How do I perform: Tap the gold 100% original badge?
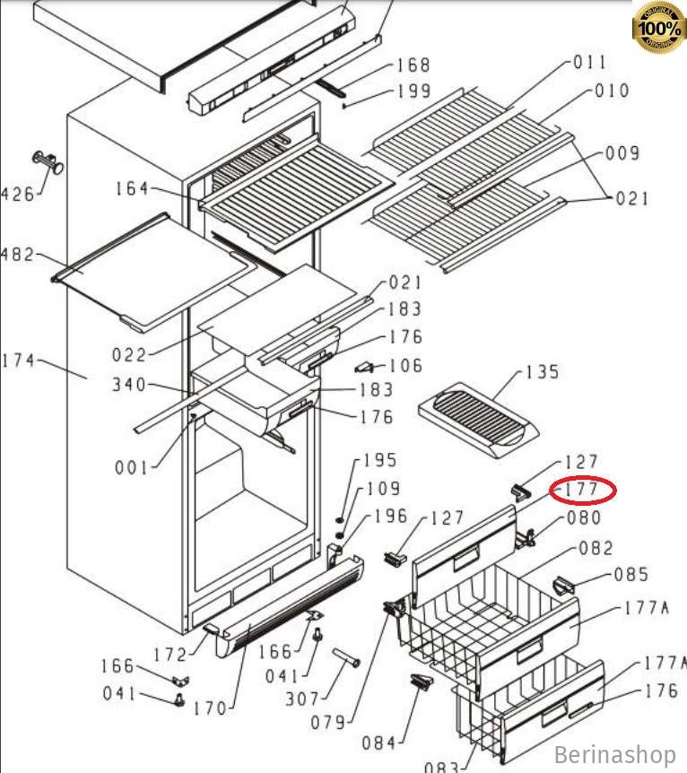pyautogui.click(x=659, y=28)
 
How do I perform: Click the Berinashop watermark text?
pyautogui.click(x=614, y=755)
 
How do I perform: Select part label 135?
pyautogui.click(x=541, y=372)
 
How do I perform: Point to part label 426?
pyautogui.click(x=17, y=193)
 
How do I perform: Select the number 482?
pyautogui.click(x=17, y=255)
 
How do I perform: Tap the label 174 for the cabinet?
pyautogui.click(x=17, y=360)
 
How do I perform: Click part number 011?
pyautogui.click(x=589, y=62)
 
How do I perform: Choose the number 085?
pyautogui.click(x=630, y=575)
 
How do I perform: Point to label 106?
pyautogui.click(x=405, y=366)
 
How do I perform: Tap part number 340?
pyautogui.click(x=129, y=385)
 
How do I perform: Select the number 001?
pyautogui.click(x=132, y=466)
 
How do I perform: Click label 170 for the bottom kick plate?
pyautogui.click(x=210, y=709)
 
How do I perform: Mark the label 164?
pyautogui.click(x=132, y=188)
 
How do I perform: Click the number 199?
pyautogui.click(x=413, y=91)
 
